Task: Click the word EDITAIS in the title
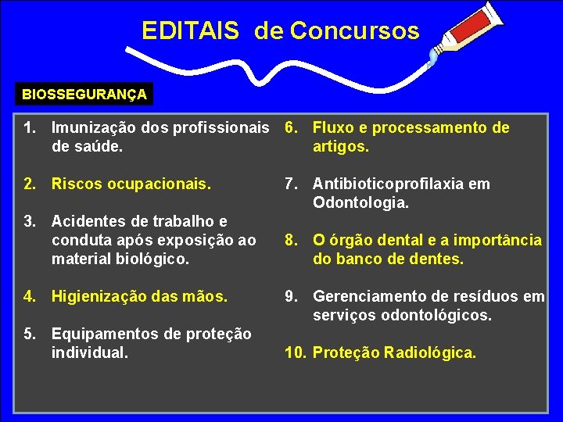[190, 30]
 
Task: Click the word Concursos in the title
[354, 30]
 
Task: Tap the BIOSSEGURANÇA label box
[84, 95]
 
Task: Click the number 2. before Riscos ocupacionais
[30, 184]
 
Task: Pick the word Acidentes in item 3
[87, 221]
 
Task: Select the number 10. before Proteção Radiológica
[295, 352]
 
